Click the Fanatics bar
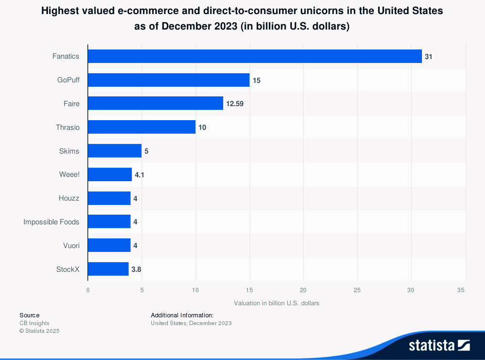pyautogui.click(x=255, y=56)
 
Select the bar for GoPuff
pyautogui.click(x=169, y=80)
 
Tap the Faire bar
pyautogui.click(x=155, y=103)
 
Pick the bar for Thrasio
pyautogui.click(x=142, y=127)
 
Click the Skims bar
pyautogui.click(x=114, y=151)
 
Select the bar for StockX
pyautogui.click(x=108, y=269)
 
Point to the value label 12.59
pyautogui.click(x=235, y=104)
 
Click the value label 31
pyautogui.click(x=428, y=57)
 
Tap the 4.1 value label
pyautogui.click(x=139, y=174)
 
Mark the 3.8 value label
pyautogui.click(x=136, y=269)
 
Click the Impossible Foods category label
pyautogui.click(x=51, y=222)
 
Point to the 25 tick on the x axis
pyautogui.click(x=357, y=290)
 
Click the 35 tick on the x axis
pyautogui.click(x=465, y=290)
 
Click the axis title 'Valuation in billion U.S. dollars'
pyautogui.click(x=276, y=303)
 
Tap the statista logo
pyautogui.click(x=439, y=345)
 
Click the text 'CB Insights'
pyautogui.click(x=34, y=323)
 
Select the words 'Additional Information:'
pyautogui.click(x=182, y=315)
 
